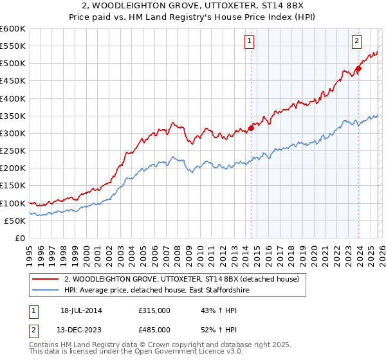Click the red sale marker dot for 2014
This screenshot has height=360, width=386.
(x=251, y=128)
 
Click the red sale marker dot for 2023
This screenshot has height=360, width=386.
(x=359, y=69)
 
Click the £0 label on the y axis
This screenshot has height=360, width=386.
(x=20, y=239)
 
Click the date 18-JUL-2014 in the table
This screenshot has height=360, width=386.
(x=81, y=310)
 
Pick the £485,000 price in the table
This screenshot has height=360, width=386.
(x=154, y=330)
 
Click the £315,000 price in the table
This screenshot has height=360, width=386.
(x=154, y=310)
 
